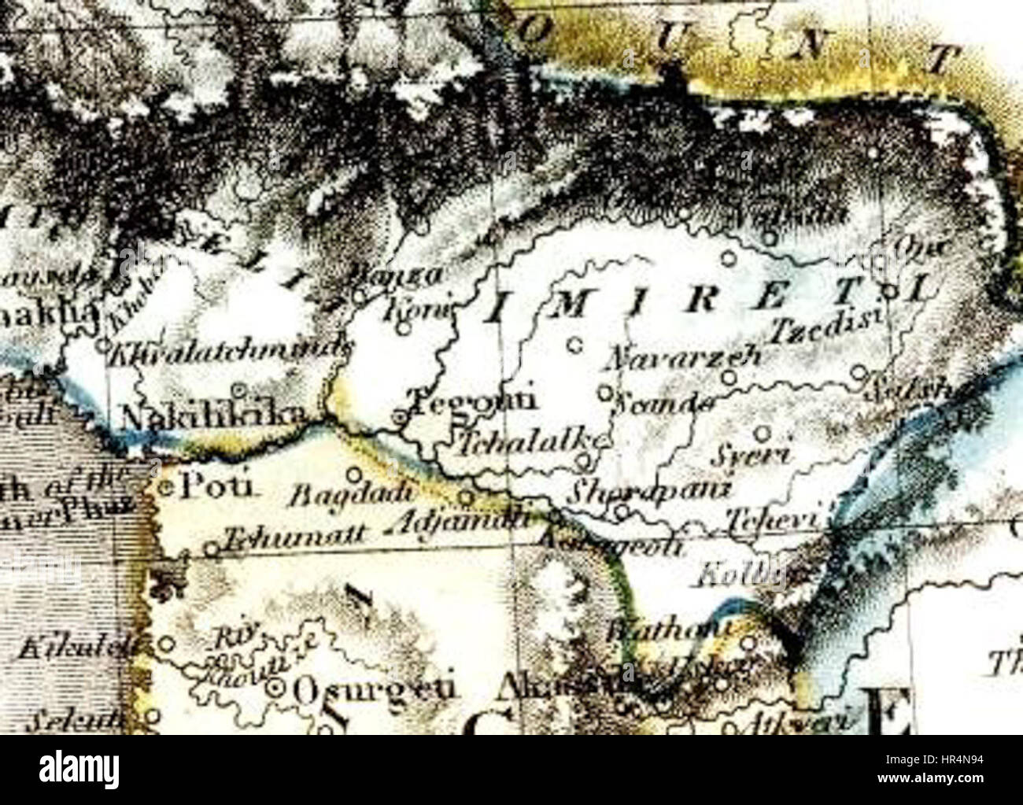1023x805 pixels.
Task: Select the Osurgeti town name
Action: coord(374,689)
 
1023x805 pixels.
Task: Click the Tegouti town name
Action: coord(475,399)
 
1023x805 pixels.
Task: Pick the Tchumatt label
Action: coord(294,537)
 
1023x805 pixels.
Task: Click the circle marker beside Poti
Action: coord(167,488)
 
